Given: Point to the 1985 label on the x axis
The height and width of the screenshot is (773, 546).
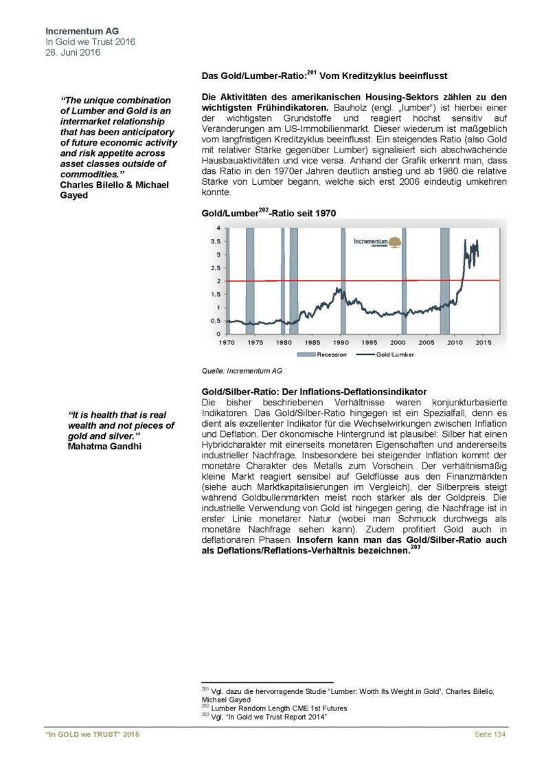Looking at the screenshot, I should click(312, 342).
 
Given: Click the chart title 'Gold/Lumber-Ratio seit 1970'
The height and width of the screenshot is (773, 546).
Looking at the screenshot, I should click(269, 214).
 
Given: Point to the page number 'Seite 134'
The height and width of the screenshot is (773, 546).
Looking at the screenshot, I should click(491, 736).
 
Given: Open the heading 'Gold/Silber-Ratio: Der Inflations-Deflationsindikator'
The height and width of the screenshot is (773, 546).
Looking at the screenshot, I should click(314, 390).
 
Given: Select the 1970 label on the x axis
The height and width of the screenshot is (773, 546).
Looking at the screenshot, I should click(227, 342).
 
